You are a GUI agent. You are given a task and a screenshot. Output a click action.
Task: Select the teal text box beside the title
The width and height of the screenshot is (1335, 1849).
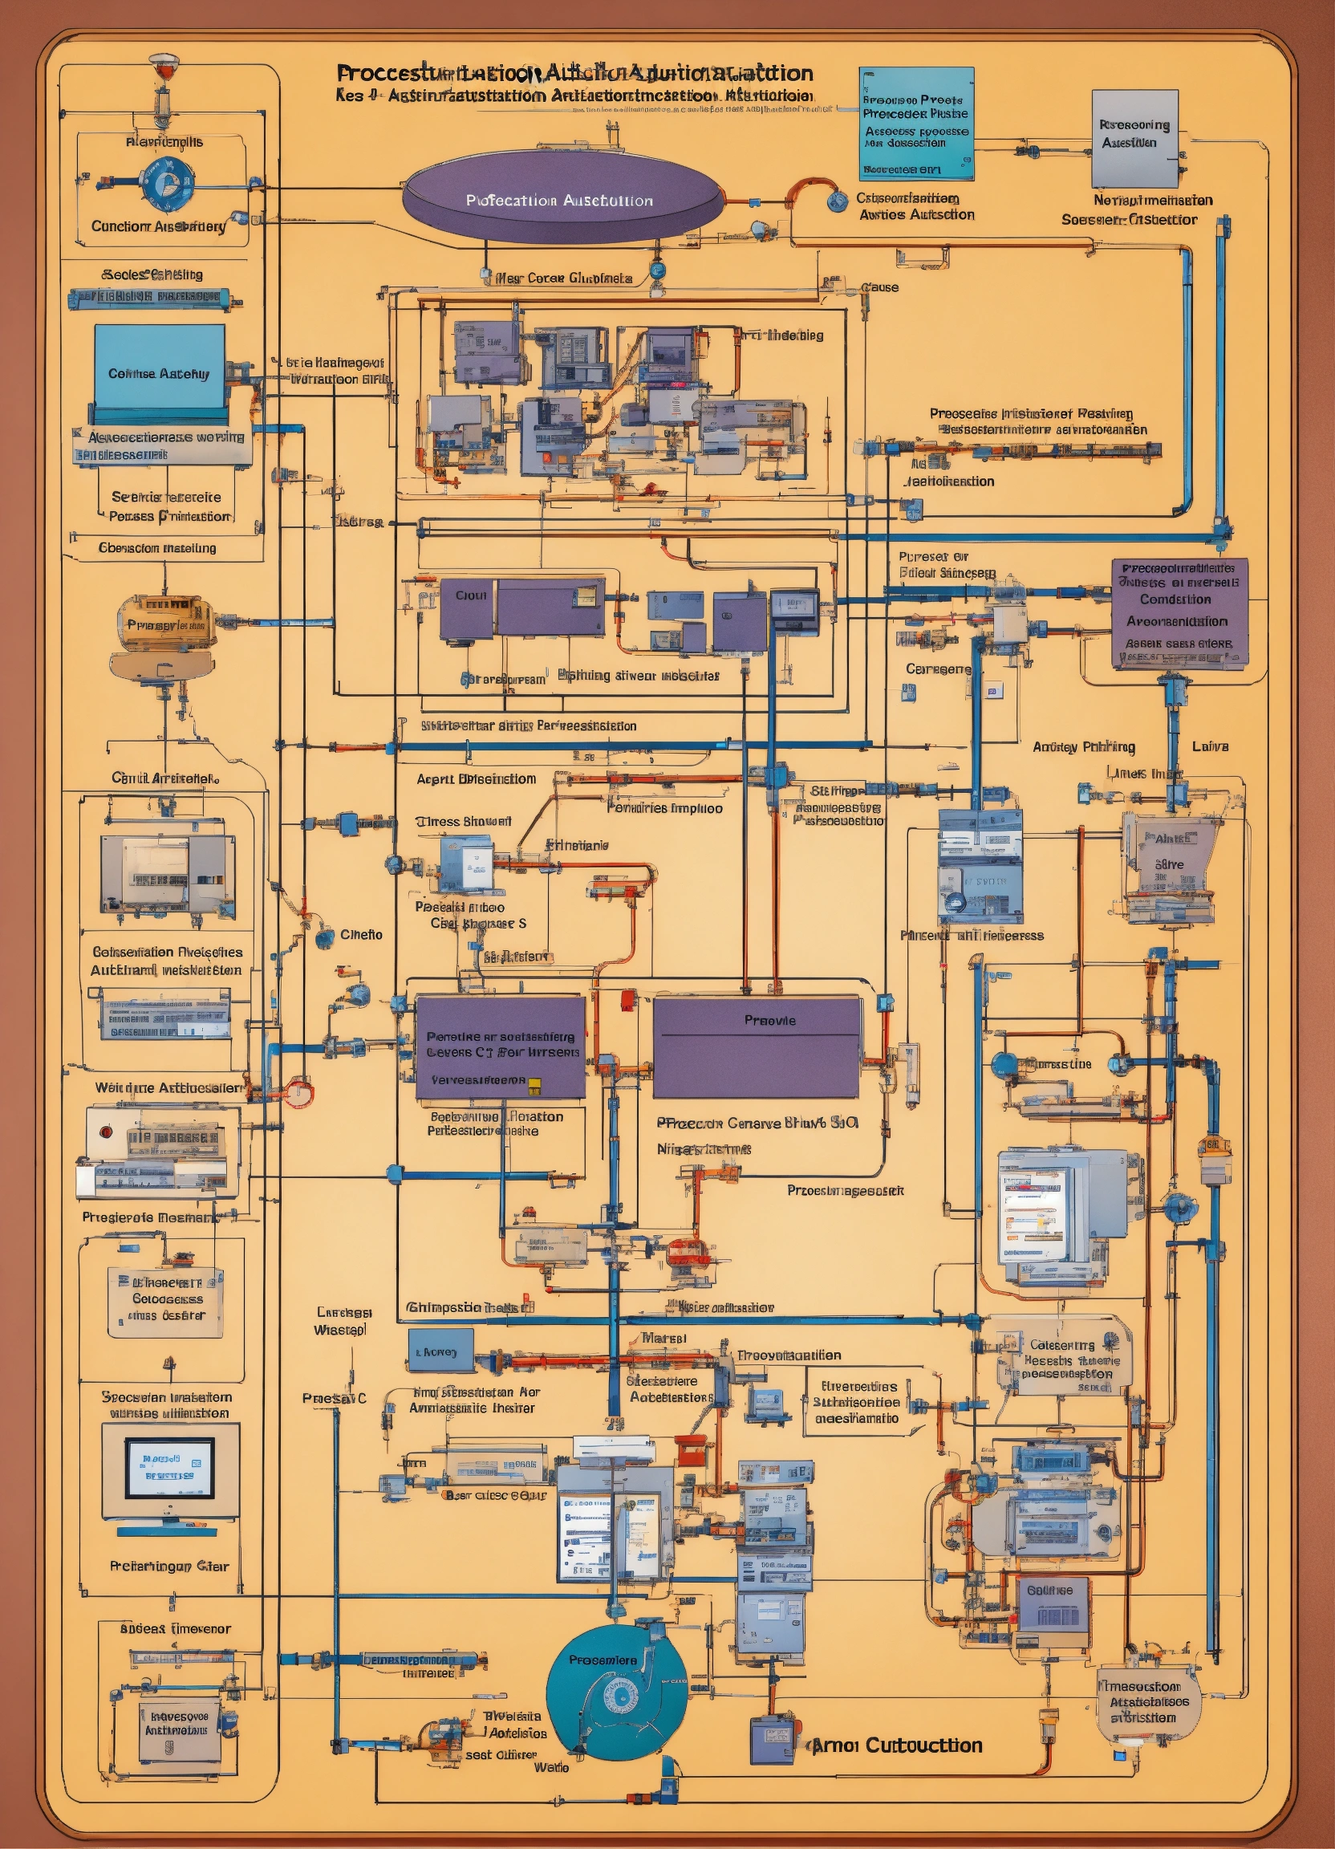(916, 123)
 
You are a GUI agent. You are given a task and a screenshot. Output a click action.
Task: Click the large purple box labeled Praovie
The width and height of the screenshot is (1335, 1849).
(757, 1046)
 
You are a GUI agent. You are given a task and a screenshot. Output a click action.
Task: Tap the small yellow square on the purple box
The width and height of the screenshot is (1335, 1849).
(534, 1083)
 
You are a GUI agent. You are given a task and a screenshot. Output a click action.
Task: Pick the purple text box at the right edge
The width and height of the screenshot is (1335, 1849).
(1179, 613)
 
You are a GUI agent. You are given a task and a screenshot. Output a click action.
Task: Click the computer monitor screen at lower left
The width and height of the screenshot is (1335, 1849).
(169, 1468)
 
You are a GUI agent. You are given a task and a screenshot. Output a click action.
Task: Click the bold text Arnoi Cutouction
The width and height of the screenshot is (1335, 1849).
(897, 1745)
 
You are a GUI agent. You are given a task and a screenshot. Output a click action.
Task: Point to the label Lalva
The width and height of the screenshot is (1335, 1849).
(1210, 747)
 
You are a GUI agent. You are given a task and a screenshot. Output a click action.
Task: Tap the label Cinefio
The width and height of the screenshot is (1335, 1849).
(361, 934)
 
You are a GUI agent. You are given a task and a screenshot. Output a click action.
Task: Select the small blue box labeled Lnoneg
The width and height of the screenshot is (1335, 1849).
(440, 1351)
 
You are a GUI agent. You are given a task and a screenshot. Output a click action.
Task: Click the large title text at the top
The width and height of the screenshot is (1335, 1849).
(574, 73)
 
